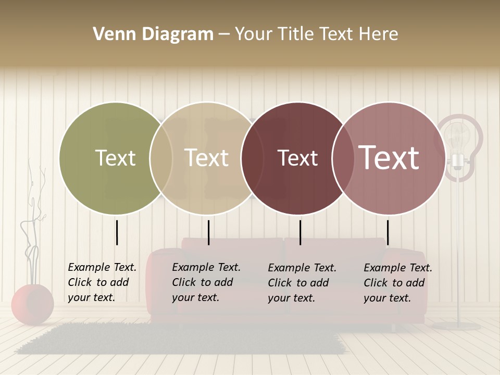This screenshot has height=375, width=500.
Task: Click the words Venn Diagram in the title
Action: (x=153, y=34)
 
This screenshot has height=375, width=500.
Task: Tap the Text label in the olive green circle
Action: (x=115, y=158)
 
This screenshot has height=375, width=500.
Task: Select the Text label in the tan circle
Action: (x=207, y=158)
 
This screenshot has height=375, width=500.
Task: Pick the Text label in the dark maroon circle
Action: (x=297, y=158)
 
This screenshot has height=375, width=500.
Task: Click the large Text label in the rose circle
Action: (x=389, y=157)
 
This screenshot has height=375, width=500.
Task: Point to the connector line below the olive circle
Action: (x=117, y=232)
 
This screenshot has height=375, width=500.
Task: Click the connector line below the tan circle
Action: (x=208, y=232)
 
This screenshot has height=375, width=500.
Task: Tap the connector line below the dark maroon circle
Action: (x=300, y=232)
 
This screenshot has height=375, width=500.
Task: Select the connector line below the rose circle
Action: (x=387, y=232)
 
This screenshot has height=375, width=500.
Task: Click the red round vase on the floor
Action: (x=32, y=304)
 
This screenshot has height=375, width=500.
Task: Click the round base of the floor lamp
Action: (x=457, y=326)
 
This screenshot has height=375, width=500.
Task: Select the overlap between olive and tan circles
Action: (x=161, y=158)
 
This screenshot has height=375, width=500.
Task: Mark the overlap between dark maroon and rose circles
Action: (x=343, y=158)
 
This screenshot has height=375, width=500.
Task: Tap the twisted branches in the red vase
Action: (x=32, y=229)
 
